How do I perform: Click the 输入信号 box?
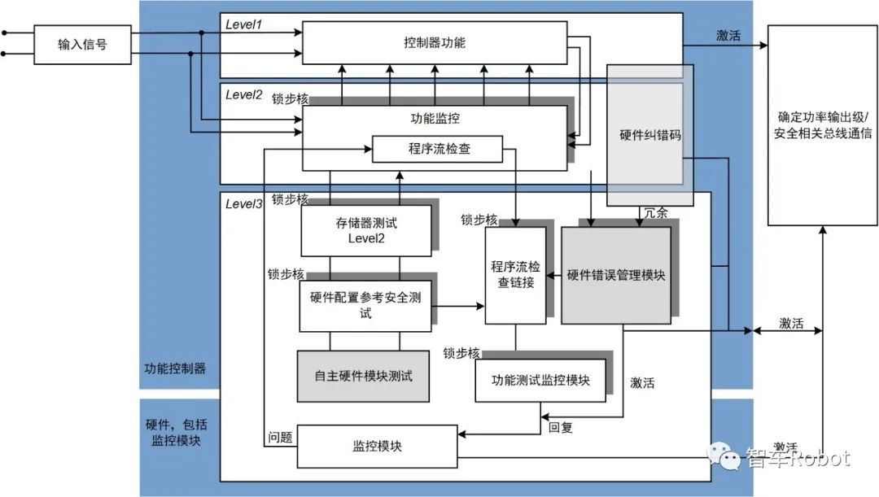click(81, 44)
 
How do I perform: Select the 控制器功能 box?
click(435, 42)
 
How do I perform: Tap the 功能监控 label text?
click(435, 119)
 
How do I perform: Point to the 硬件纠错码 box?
click(649, 135)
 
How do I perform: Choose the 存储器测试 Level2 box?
click(365, 229)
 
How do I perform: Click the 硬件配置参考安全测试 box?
click(365, 306)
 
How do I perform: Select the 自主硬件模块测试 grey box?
click(363, 376)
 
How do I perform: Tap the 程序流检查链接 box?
click(514, 275)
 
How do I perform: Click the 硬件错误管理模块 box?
click(615, 275)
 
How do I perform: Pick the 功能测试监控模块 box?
click(540, 380)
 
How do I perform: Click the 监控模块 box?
click(377, 447)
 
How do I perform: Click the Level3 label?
click(243, 204)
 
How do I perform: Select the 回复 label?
click(560, 427)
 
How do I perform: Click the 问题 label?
click(280, 438)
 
